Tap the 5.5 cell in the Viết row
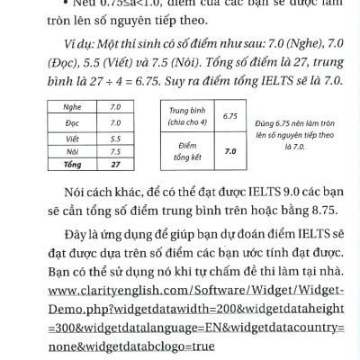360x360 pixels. [x=115, y=139]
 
